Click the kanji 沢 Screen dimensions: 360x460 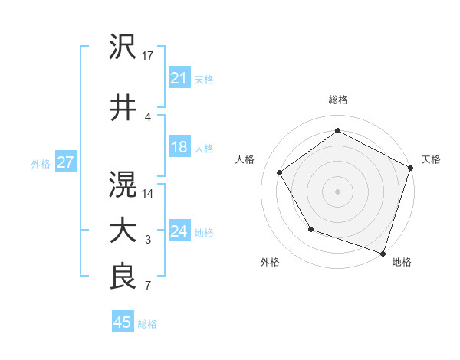(123, 47)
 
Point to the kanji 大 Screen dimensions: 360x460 (123, 231)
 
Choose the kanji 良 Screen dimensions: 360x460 (123, 277)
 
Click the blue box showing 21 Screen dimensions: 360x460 (179, 78)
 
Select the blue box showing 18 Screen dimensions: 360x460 (179, 148)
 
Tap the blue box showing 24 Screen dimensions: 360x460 (179, 232)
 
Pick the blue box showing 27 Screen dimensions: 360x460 (65, 163)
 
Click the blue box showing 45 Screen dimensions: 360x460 (122, 323)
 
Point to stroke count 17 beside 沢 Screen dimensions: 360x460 (149, 55)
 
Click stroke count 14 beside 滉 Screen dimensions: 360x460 (149, 193)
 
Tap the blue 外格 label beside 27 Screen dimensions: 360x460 (41, 164)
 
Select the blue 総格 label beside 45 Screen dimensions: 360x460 (147, 324)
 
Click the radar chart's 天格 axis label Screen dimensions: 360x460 (431, 159)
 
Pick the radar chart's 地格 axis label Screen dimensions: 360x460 (402, 262)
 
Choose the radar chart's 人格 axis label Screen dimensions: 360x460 (245, 159)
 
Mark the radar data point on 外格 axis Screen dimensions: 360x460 (310, 229)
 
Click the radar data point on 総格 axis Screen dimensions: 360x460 (337, 131)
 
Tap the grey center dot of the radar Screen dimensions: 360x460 (337, 191)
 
